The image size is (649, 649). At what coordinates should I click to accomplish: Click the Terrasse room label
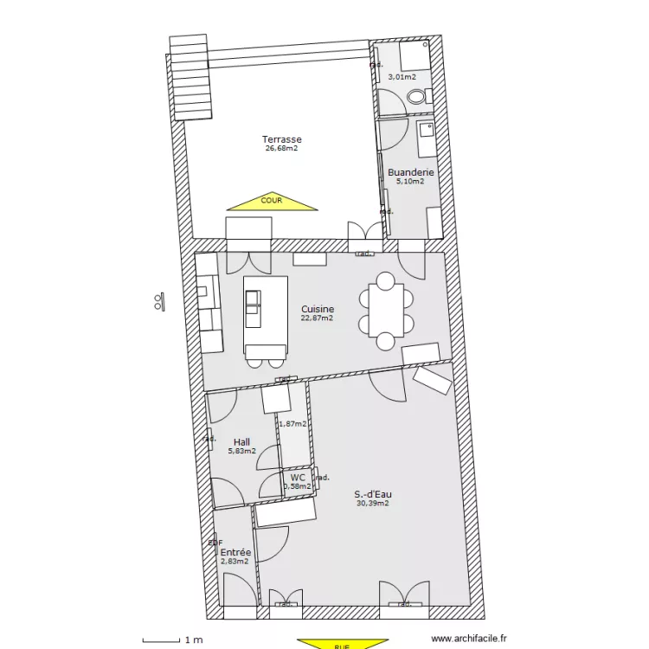point(282,139)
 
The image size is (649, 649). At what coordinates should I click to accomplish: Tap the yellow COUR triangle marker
point(273,202)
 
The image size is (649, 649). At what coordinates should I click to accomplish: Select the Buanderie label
point(410,172)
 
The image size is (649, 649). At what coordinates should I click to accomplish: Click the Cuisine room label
point(318,309)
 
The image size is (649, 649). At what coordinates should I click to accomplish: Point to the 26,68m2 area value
point(282,148)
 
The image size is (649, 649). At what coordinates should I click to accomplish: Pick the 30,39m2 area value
point(372,503)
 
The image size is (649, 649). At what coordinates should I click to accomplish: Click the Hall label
point(241,441)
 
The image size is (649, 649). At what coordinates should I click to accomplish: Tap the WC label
point(298,477)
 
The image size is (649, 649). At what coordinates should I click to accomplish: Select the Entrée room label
point(235,552)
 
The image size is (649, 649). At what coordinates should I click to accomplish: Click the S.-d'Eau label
point(373,494)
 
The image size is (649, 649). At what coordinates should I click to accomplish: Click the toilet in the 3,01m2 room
point(417,97)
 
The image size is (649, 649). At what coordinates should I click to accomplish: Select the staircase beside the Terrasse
point(191,77)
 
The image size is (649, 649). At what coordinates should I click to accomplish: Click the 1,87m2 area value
point(292,423)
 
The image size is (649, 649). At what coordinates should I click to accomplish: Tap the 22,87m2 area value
point(318,318)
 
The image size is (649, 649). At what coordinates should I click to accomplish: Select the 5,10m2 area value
point(410,182)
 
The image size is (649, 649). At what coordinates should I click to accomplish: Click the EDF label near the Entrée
point(215,543)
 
